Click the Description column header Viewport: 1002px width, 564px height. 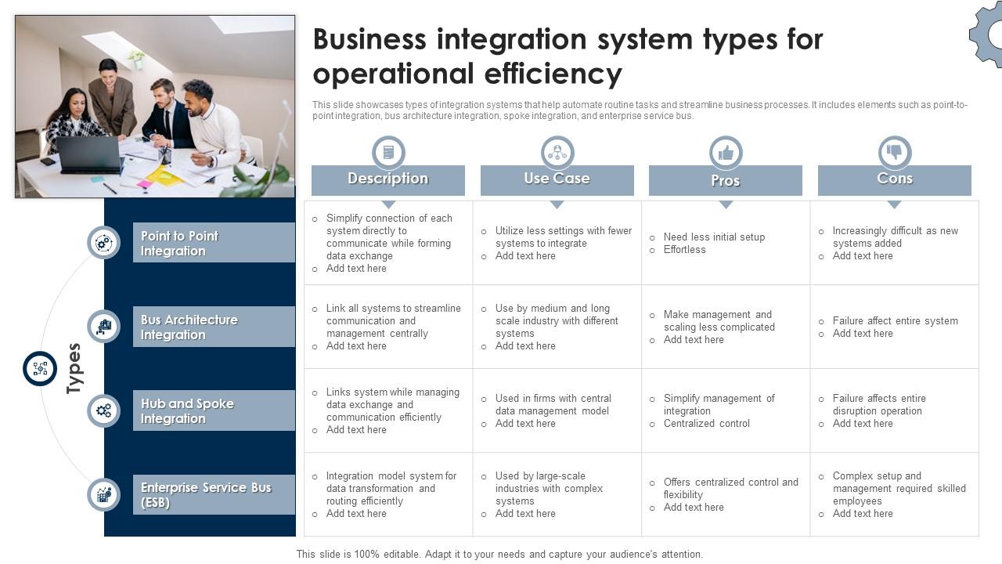tap(388, 179)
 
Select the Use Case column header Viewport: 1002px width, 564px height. tap(557, 179)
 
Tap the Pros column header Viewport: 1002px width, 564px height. tap(726, 180)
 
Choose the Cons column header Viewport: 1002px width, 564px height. tap(894, 179)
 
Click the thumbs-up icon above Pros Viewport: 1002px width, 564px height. tap(726, 152)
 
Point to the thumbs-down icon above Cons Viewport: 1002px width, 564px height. tap(895, 152)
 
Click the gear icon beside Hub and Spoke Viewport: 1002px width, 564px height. tap(103, 410)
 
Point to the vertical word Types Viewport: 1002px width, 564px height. tap(74, 368)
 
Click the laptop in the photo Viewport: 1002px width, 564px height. tap(89, 154)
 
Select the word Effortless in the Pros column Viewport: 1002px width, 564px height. tap(684, 250)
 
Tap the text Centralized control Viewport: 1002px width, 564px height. tap(706, 424)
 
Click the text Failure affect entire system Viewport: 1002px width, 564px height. tap(895, 321)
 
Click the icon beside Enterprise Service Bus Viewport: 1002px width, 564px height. tap(103, 494)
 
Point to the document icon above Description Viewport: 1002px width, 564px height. tap(388, 152)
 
